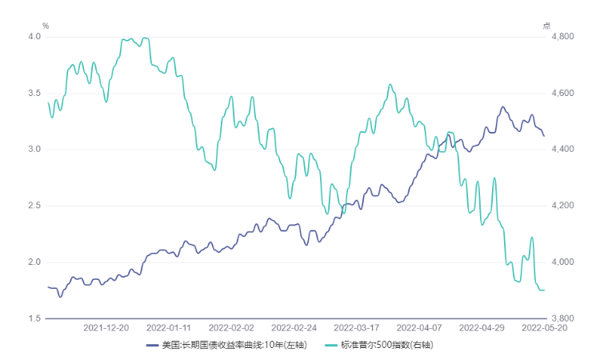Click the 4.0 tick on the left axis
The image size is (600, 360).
(35, 37)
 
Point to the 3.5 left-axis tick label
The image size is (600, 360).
(35, 93)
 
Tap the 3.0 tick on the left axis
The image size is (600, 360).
(35, 150)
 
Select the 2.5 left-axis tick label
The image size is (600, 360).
(35, 206)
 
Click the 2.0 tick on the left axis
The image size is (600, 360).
(35, 262)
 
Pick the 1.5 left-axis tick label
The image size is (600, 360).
(35, 318)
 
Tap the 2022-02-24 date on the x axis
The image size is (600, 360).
(294, 328)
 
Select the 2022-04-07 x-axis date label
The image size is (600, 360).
(419, 328)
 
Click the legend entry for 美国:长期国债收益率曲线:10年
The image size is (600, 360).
(231, 346)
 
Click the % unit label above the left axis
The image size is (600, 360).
(46, 26)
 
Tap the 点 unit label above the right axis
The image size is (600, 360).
(546, 26)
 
